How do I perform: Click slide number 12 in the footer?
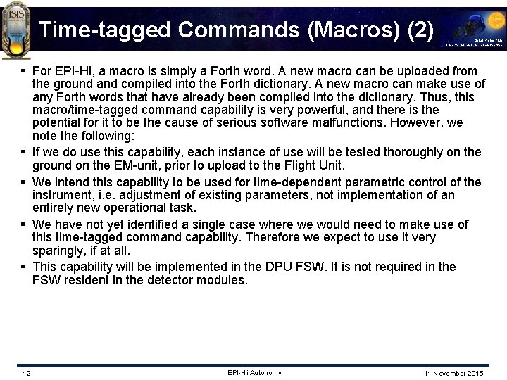click(x=26, y=373)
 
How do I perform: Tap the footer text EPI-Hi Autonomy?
click(x=254, y=373)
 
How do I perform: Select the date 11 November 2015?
click(x=454, y=373)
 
